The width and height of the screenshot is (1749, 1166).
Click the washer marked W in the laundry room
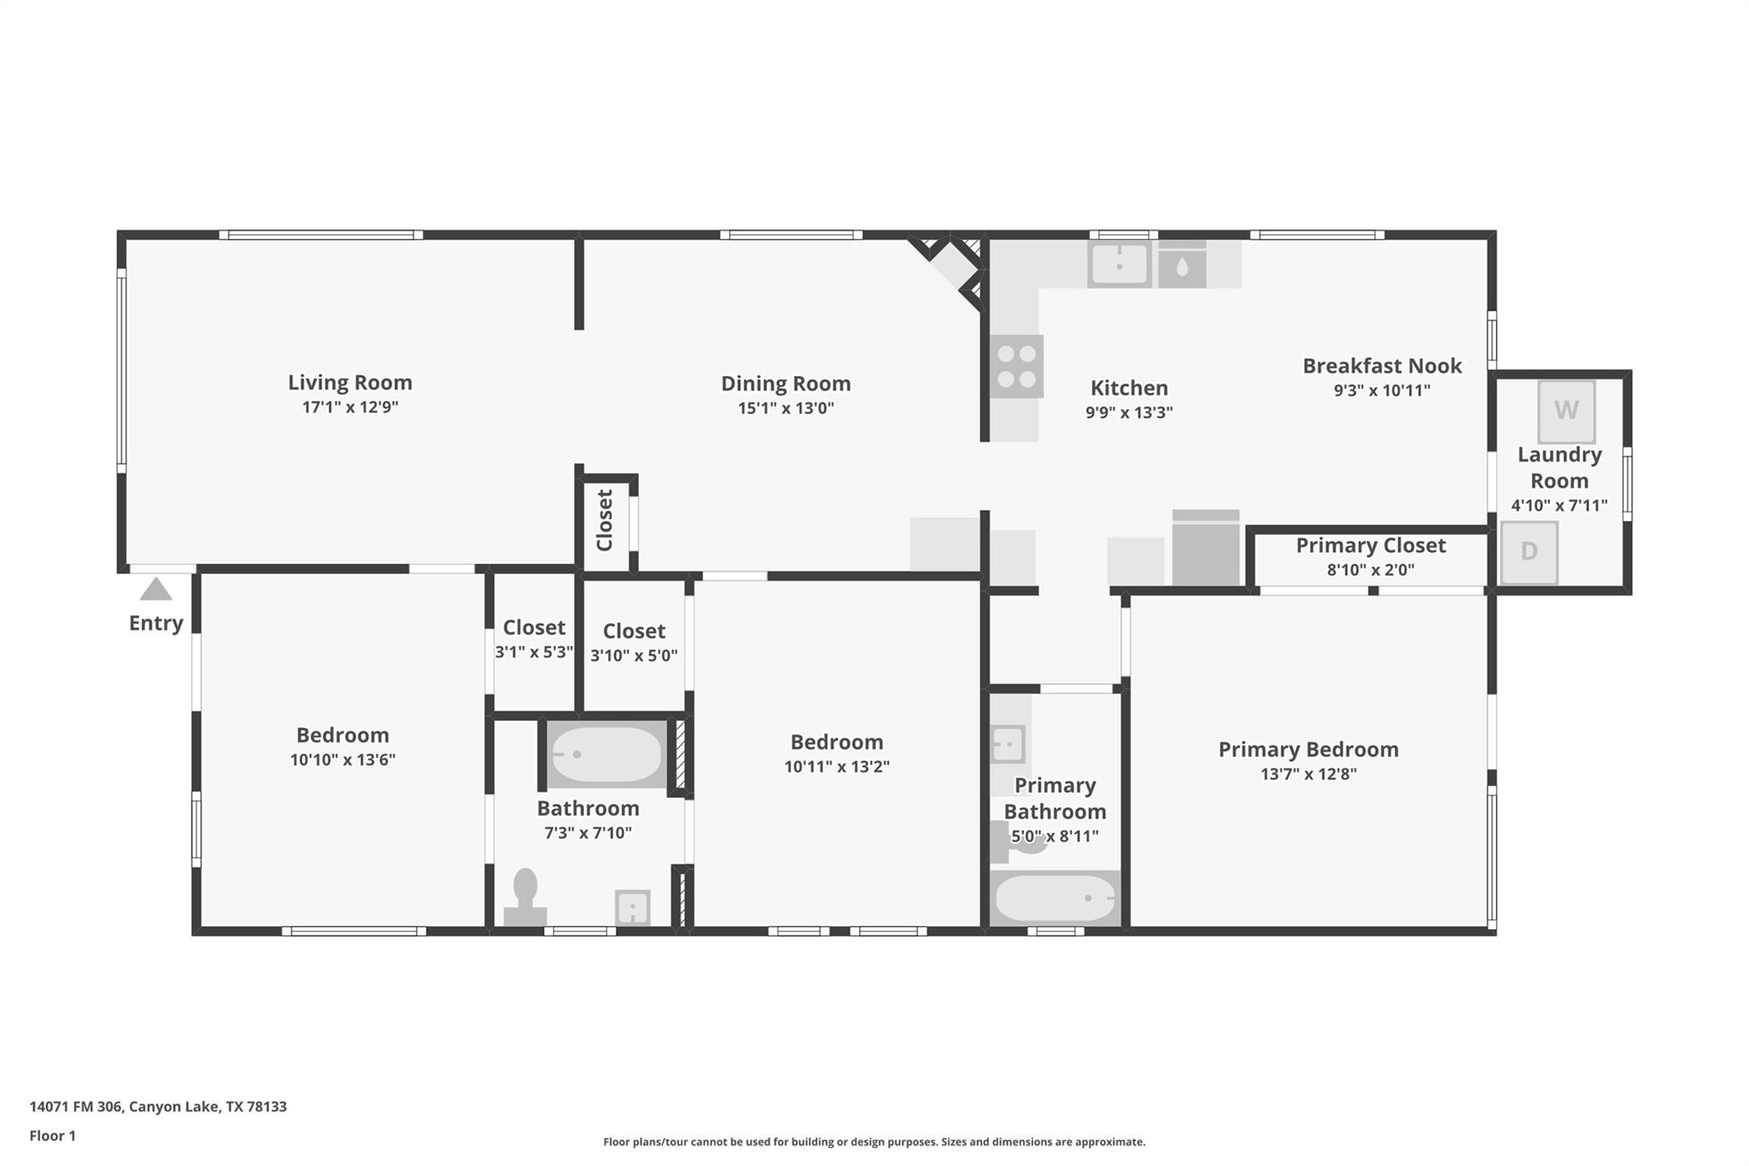click(x=1566, y=411)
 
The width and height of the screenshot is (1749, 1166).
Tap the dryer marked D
click(x=1529, y=552)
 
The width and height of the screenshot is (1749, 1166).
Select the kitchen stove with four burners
click(x=1016, y=366)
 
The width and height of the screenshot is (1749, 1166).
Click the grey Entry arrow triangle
click(x=155, y=589)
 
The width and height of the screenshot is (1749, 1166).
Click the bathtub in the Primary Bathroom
click(x=1056, y=898)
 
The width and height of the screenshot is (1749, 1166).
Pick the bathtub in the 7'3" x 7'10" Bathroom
click(x=606, y=754)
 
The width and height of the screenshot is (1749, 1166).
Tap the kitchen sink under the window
click(x=1120, y=264)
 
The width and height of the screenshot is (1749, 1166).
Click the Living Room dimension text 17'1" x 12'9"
click(x=350, y=407)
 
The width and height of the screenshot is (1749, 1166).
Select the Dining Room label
click(x=786, y=384)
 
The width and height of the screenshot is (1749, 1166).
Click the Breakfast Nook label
click(x=1382, y=366)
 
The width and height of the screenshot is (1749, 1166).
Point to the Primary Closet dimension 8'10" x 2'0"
click(x=1371, y=570)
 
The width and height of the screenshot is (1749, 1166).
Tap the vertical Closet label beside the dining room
click(x=605, y=520)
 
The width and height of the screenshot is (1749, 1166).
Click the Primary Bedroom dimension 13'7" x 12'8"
click(x=1308, y=774)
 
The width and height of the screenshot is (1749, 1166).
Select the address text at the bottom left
click(x=158, y=1106)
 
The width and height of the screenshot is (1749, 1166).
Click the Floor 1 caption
click(x=52, y=1135)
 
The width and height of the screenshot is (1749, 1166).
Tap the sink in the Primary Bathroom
click(x=1008, y=744)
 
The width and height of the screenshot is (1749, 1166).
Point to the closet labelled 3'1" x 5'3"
click(x=534, y=639)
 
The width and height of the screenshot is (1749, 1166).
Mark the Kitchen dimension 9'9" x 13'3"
click(x=1129, y=413)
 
